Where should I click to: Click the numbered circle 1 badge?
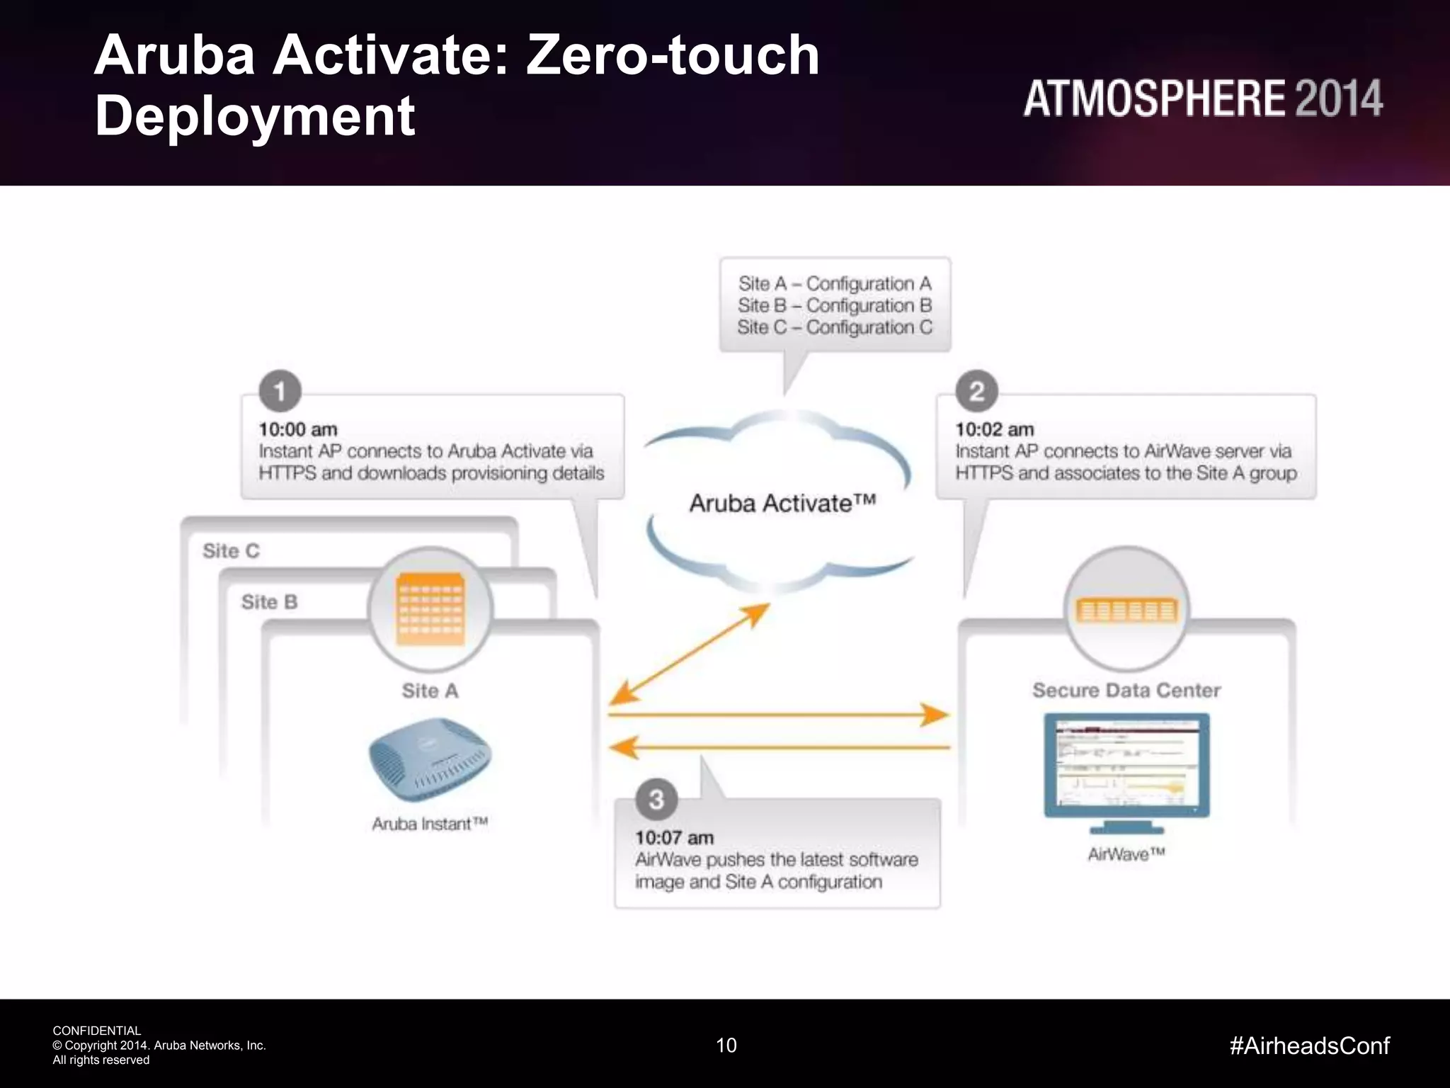[x=280, y=391]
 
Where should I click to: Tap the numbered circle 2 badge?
[x=976, y=391]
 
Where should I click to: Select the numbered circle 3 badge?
[x=656, y=799]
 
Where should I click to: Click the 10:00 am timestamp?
[x=298, y=429]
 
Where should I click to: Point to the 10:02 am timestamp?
[x=994, y=429]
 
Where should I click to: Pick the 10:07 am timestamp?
[x=674, y=837]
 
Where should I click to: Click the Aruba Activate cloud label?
[x=782, y=503]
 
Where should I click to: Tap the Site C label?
[x=231, y=550]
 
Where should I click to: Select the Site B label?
[x=269, y=602]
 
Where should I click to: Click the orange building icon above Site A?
[x=430, y=609]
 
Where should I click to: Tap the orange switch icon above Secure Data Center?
[x=1126, y=610]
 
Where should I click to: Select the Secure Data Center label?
[x=1126, y=690]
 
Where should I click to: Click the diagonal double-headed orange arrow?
[x=689, y=654]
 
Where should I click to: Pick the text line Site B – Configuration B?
[x=835, y=305]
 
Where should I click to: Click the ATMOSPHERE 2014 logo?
[x=1202, y=98]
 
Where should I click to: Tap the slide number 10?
[x=726, y=1045]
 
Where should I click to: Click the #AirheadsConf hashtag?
[x=1310, y=1045]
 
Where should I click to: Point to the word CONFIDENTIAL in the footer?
[x=97, y=1031]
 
